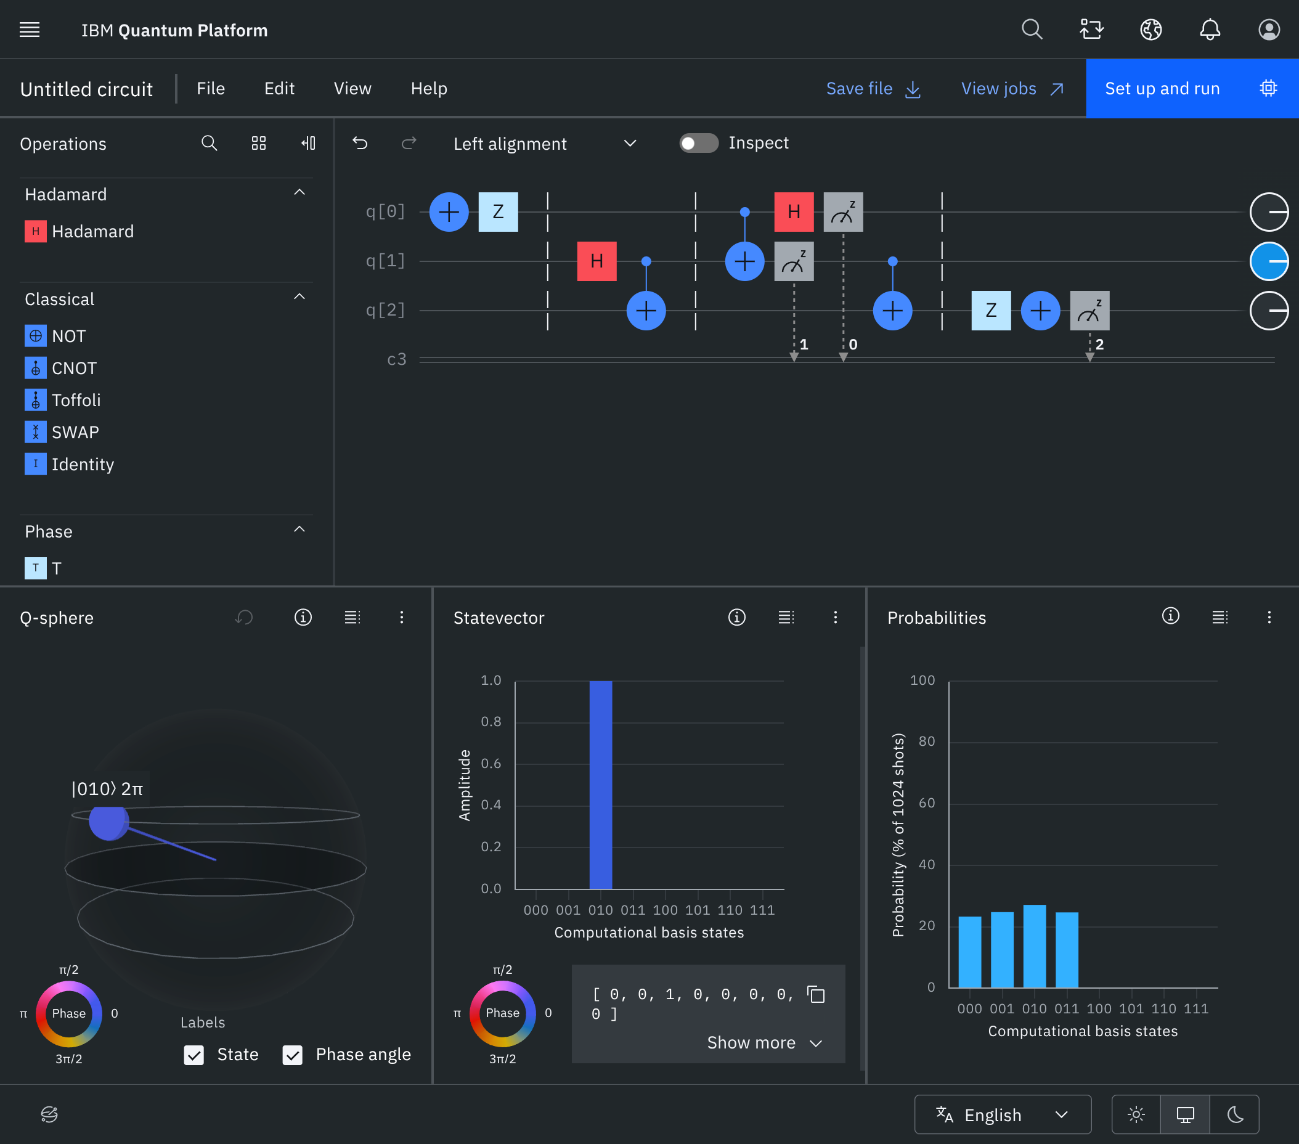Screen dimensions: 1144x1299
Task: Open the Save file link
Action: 873,88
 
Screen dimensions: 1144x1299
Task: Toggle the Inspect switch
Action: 698,143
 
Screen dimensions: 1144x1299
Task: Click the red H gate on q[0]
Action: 794,211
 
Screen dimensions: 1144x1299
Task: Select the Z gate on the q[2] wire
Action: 991,311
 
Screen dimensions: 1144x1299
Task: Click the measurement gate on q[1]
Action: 794,261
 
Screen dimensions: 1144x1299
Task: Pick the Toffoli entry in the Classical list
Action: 76,401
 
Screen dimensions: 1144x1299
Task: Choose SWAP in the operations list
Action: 75,432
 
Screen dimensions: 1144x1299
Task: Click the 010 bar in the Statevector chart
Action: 601,785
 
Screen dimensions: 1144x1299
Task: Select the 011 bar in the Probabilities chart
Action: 1067,950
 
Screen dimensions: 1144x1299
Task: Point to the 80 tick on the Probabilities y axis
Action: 927,741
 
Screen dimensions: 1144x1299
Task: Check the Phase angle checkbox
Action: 292,1055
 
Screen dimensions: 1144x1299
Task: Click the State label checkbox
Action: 194,1055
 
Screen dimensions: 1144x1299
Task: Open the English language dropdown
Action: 1002,1115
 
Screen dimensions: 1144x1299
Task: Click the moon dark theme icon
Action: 1235,1115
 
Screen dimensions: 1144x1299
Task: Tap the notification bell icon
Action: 1210,30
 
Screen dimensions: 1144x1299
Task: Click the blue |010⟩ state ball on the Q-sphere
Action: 108,822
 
